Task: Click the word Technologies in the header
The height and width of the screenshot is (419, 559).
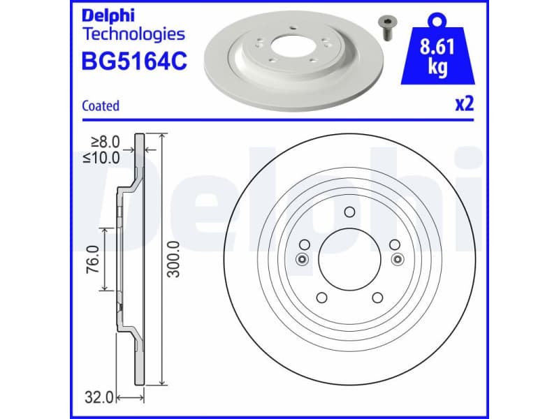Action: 133,34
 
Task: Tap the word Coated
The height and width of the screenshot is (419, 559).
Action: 101,106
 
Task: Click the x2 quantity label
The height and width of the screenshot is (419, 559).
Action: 465,105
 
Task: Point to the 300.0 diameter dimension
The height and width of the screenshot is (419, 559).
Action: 175,259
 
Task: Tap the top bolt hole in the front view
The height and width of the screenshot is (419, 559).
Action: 350,212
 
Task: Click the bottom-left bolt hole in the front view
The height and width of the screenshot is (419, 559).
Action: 323,297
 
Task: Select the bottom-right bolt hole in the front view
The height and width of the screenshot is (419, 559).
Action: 378,297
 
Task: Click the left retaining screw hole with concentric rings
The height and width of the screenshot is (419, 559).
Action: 302,260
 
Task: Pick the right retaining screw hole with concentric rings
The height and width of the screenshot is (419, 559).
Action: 398,260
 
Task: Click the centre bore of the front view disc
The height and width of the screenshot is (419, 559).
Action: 350,259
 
